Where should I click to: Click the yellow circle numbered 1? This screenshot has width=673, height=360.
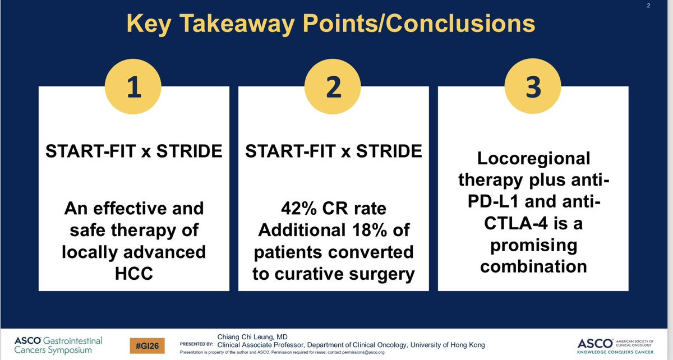point(133,86)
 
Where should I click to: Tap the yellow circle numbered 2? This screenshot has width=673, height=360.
point(333,86)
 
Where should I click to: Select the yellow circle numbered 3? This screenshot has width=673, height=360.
point(533,86)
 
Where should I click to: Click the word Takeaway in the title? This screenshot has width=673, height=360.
point(237,24)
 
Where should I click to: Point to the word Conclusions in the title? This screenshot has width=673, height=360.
point(460,24)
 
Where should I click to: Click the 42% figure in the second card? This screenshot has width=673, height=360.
point(299,209)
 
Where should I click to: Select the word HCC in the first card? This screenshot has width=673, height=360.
point(134,274)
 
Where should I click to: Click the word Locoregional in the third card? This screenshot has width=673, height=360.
point(533,159)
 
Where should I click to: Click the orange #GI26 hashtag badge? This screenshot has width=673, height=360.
point(147,346)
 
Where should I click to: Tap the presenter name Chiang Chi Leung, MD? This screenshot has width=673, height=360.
point(252,337)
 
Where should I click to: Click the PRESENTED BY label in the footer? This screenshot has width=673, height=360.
point(196,344)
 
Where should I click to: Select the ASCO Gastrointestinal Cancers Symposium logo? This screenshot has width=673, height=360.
point(58,345)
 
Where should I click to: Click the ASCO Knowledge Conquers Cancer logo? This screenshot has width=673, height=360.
point(615,347)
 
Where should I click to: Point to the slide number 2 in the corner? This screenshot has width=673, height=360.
point(648,6)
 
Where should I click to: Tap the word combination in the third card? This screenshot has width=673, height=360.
point(533,266)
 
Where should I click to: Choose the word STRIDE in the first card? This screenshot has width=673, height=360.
point(190,151)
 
